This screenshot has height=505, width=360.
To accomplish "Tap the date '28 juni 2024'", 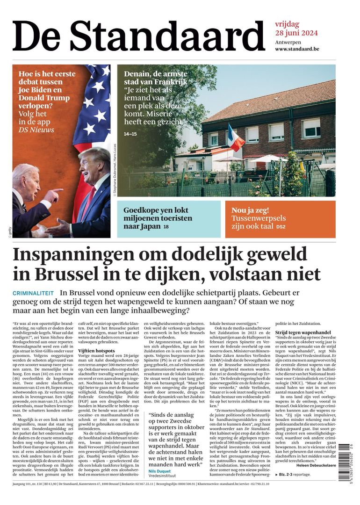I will (x=296, y=33).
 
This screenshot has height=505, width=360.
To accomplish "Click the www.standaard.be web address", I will (x=297, y=49).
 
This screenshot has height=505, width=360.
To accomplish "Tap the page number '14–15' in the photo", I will (x=130, y=134).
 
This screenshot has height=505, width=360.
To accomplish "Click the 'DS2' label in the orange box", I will (x=281, y=227).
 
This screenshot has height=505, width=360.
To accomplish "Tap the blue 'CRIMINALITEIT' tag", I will (x=33, y=293).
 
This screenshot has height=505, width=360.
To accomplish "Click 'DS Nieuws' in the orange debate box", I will (x=36, y=130).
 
